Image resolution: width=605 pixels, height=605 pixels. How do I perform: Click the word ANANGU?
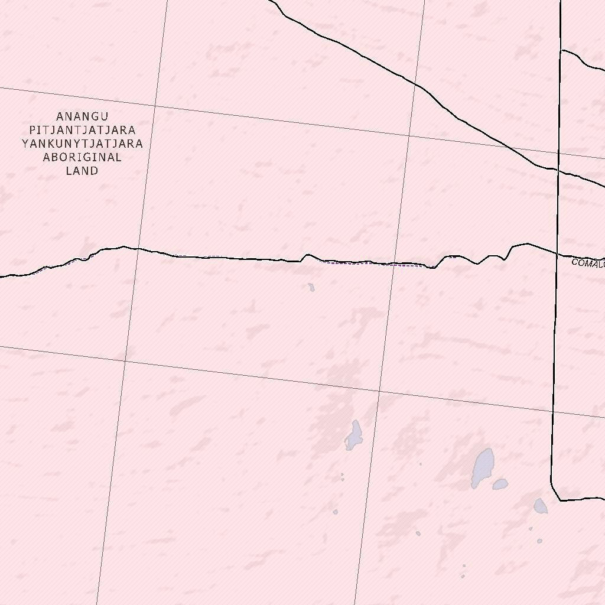pos(82,116)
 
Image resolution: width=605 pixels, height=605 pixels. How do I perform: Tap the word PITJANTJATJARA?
pos(82,130)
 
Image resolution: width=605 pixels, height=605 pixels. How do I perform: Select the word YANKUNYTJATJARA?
pos(82,144)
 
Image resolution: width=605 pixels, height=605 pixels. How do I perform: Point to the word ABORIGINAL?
pos(82,157)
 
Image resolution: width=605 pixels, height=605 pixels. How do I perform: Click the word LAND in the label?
pos(82,171)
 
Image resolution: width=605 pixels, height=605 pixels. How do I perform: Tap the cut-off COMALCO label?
pos(588,262)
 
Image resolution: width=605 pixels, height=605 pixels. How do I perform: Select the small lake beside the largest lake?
pos(500,484)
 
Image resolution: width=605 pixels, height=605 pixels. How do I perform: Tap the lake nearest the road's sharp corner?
pos(540,505)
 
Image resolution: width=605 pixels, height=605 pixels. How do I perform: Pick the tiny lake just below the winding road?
pos(311,288)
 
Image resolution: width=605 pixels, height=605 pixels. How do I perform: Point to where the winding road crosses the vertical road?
pos(557,255)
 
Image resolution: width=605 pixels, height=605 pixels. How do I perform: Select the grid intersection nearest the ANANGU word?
pos(155,106)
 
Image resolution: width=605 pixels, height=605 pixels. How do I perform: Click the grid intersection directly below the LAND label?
pos(125,359)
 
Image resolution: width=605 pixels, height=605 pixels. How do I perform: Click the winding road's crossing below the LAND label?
pos(137,249)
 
